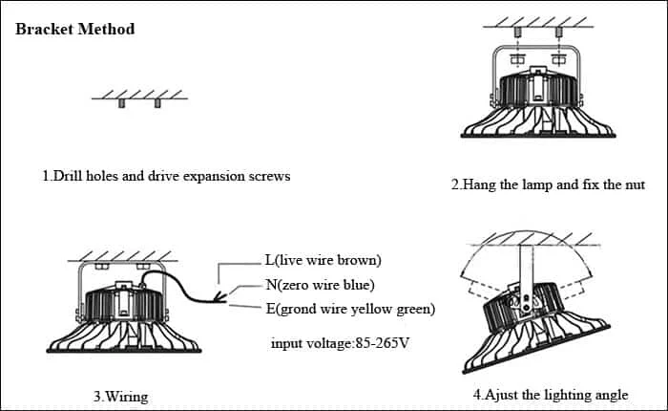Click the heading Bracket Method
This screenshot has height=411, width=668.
[x=75, y=29]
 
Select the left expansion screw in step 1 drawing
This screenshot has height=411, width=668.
[x=122, y=103]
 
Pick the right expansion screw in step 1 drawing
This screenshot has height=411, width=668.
[x=157, y=103]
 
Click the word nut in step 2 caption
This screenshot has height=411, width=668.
[x=635, y=184]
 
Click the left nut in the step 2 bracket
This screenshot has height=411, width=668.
[x=517, y=59]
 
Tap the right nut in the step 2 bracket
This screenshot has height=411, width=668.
[x=558, y=59]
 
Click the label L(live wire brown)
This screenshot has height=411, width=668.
[x=323, y=260]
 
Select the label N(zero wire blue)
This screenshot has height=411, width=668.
[x=320, y=285]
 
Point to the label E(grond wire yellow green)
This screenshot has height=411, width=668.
[x=350, y=309]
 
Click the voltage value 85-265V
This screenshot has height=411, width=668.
[x=382, y=343]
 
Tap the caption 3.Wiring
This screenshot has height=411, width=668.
[x=121, y=397]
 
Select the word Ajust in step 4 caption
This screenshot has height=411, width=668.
[x=502, y=395]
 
